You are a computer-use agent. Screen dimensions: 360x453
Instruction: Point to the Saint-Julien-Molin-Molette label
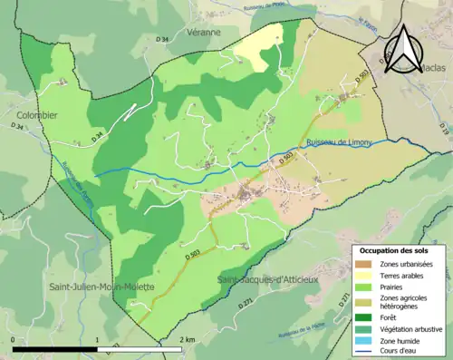click(101, 287)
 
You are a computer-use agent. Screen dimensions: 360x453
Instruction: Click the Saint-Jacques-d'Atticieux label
click(268, 280)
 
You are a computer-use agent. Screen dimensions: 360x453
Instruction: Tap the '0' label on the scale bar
click(14, 339)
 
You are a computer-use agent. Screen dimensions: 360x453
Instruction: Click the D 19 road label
click(444, 133)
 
